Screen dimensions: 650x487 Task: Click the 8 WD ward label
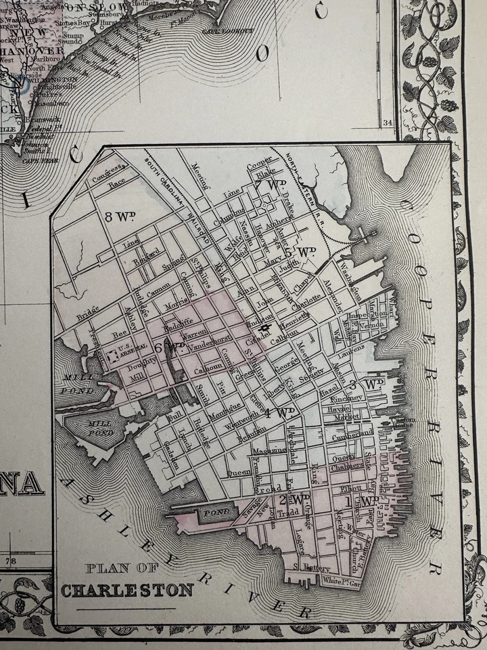121,217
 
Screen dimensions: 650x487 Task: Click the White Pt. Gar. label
340,580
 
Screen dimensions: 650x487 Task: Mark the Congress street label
110,169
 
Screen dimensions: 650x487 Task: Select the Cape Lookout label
235,30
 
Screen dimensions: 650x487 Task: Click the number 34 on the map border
387,123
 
